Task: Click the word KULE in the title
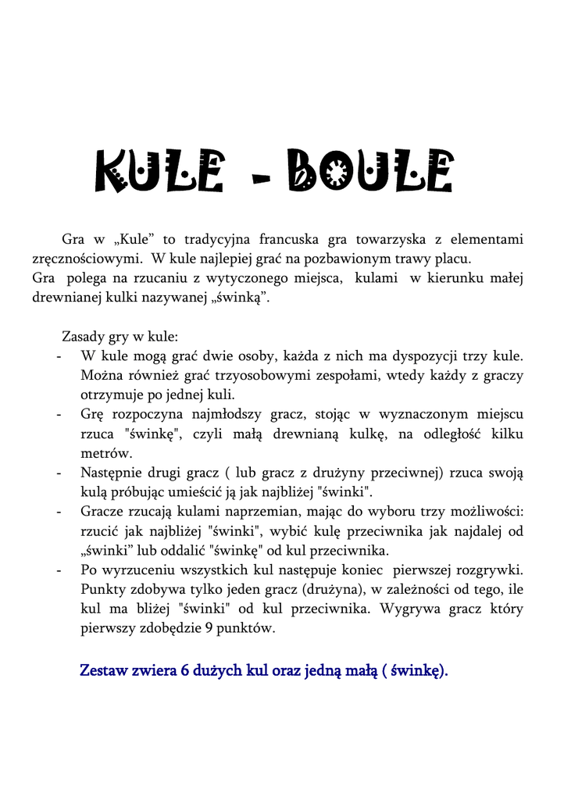[159, 171]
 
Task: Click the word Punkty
[105, 589]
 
